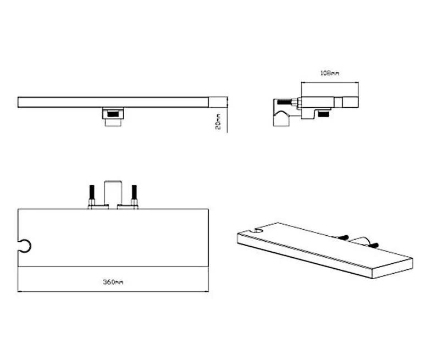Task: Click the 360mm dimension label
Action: (113, 282)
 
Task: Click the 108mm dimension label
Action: (330, 73)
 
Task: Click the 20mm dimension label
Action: (218, 121)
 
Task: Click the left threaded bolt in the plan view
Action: (92, 195)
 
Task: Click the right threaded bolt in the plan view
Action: (134, 195)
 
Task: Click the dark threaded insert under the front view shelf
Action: (113, 114)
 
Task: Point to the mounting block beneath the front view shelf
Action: (113, 117)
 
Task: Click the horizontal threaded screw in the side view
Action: (284, 103)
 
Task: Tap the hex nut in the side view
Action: (295, 103)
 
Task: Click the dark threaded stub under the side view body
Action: (324, 114)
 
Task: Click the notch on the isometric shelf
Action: (258, 231)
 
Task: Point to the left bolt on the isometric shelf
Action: (342, 237)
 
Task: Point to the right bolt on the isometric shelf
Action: (373, 245)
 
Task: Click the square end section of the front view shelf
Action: (218, 102)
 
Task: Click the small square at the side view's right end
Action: (350, 102)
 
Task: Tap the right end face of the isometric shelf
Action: (392, 268)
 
